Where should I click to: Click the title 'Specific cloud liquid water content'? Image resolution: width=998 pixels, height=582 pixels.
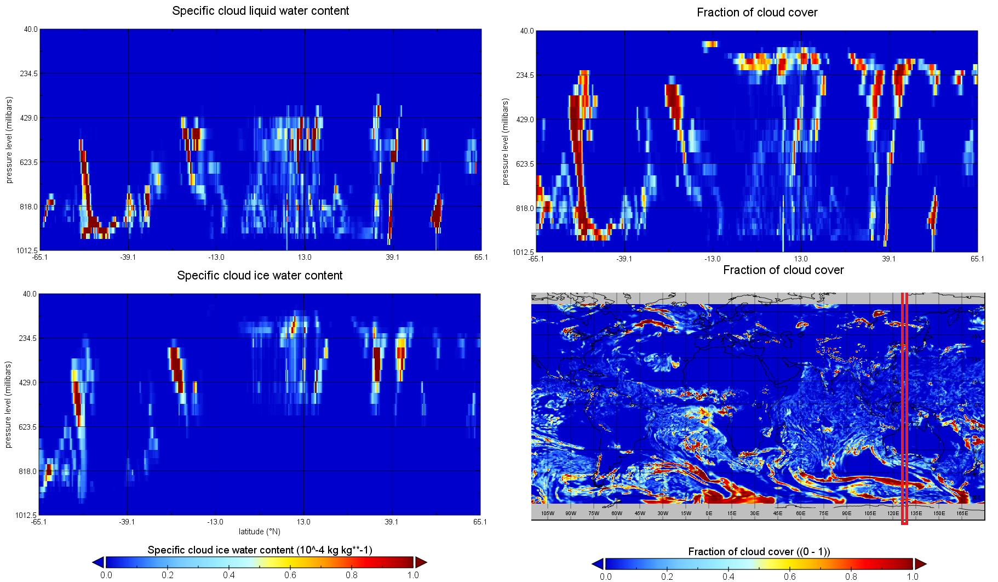(x=260, y=11)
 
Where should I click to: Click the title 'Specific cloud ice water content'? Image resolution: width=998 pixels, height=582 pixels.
(x=260, y=276)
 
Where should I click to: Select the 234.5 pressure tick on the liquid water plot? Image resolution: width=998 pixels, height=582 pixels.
(x=29, y=73)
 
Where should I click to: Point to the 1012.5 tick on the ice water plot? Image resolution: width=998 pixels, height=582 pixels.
(x=27, y=515)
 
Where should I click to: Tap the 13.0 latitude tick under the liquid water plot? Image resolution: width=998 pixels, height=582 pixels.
(x=305, y=257)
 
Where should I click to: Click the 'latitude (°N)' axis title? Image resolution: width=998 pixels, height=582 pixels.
(x=260, y=532)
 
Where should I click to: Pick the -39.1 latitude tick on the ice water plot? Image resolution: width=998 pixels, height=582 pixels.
(x=127, y=522)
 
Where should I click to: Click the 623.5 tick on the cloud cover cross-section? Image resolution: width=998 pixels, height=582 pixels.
(x=525, y=164)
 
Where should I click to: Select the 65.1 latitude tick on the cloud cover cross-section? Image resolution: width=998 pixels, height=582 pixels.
(x=977, y=259)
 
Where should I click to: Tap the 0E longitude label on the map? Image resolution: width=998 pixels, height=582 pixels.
(x=709, y=513)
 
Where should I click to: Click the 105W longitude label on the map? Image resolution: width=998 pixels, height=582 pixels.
(x=548, y=513)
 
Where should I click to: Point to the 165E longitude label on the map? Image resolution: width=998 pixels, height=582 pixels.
(x=962, y=513)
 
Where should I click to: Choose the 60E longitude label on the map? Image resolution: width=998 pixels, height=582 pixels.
(x=801, y=513)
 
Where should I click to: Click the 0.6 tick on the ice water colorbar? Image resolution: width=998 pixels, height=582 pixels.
(x=290, y=575)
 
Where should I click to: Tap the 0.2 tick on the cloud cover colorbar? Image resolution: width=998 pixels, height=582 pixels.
(x=667, y=577)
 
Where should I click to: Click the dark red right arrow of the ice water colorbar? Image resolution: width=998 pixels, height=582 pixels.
(x=421, y=562)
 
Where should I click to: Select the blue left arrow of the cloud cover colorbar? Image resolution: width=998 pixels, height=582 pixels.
(x=598, y=564)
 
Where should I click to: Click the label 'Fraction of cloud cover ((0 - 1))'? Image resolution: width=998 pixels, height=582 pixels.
(x=759, y=552)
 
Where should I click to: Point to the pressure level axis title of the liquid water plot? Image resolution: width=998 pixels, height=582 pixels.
(x=9, y=140)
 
